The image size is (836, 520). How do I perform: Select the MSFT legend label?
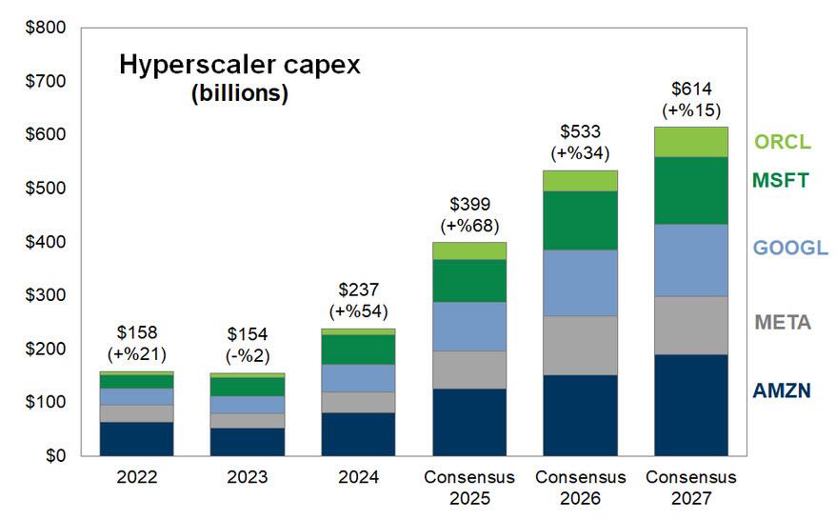coord(780,179)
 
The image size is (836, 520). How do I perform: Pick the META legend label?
coord(782,323)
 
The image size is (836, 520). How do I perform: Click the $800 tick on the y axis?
coord(46,29)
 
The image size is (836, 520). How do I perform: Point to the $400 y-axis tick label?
coord(46,242)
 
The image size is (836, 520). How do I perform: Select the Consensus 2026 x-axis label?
coord(581,486)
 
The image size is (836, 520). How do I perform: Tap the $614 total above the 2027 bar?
coord(691,90)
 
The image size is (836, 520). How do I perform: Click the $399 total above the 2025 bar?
coord(469,205)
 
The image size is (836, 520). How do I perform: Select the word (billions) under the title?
coord(239,94)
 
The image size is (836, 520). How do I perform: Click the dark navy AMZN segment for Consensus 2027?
coord(691,405)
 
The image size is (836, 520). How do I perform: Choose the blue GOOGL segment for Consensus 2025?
coord(469,326)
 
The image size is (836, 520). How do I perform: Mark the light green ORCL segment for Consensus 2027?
coord(691,142)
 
